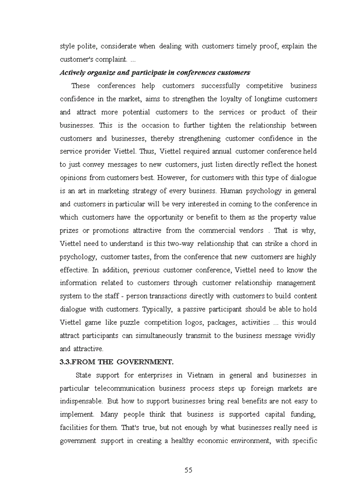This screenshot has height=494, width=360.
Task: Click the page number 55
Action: pos(188,470)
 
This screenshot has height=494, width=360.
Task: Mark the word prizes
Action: pos(69,231)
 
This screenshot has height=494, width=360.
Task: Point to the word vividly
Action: pos(302,336)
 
